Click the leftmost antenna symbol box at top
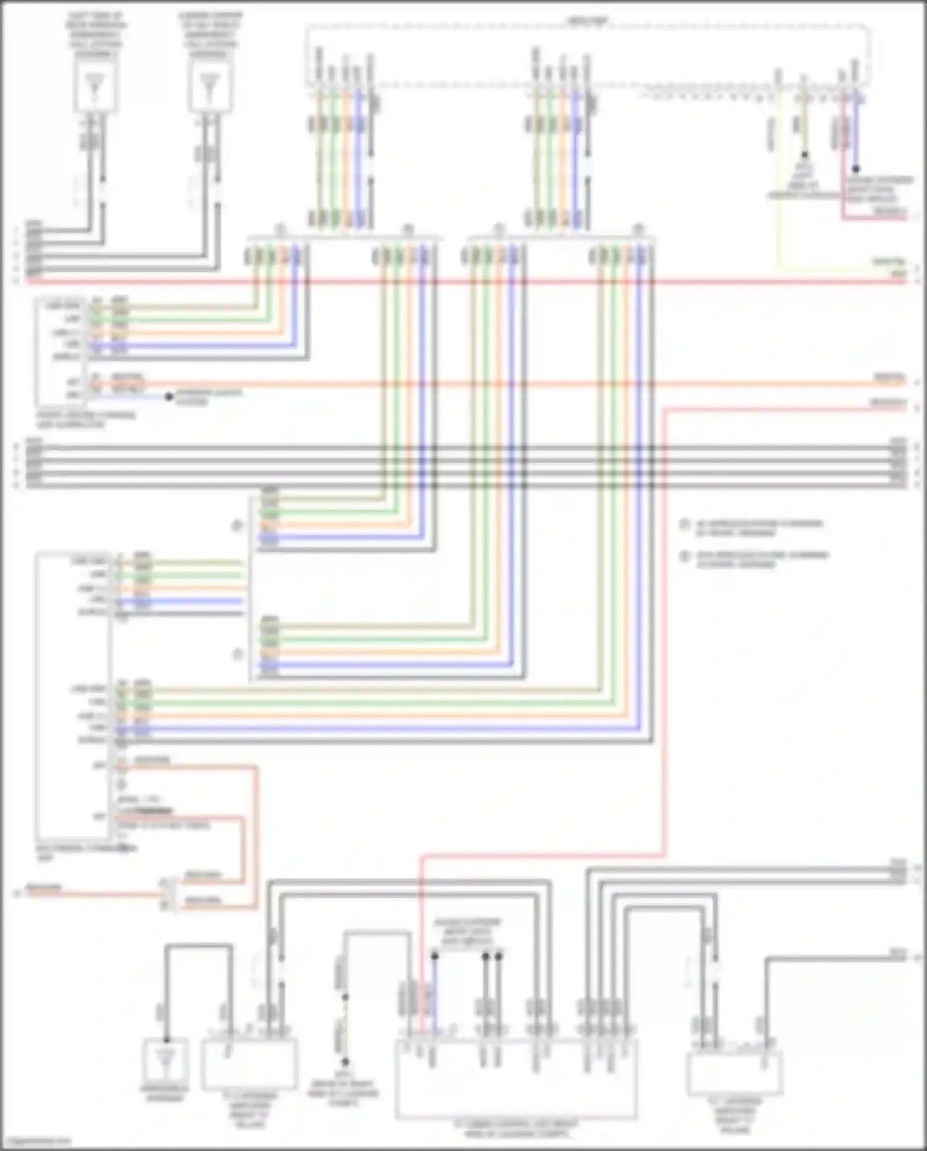tap(95, 86)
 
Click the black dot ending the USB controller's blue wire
tap(169, 396)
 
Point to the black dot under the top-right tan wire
tap(804, 155)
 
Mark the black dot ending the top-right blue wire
tap(856, 168)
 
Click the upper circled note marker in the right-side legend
tap(684, 524)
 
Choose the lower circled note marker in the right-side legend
tap(684, 556)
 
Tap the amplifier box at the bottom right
tap(734, 1073)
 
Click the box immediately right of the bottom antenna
tap(250, 1064)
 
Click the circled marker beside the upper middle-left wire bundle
tap(236, 526)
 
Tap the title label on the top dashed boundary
tap(587, 22)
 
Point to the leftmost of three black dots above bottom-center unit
tap(434, 956)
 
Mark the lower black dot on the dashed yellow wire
tap(345, 1061)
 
